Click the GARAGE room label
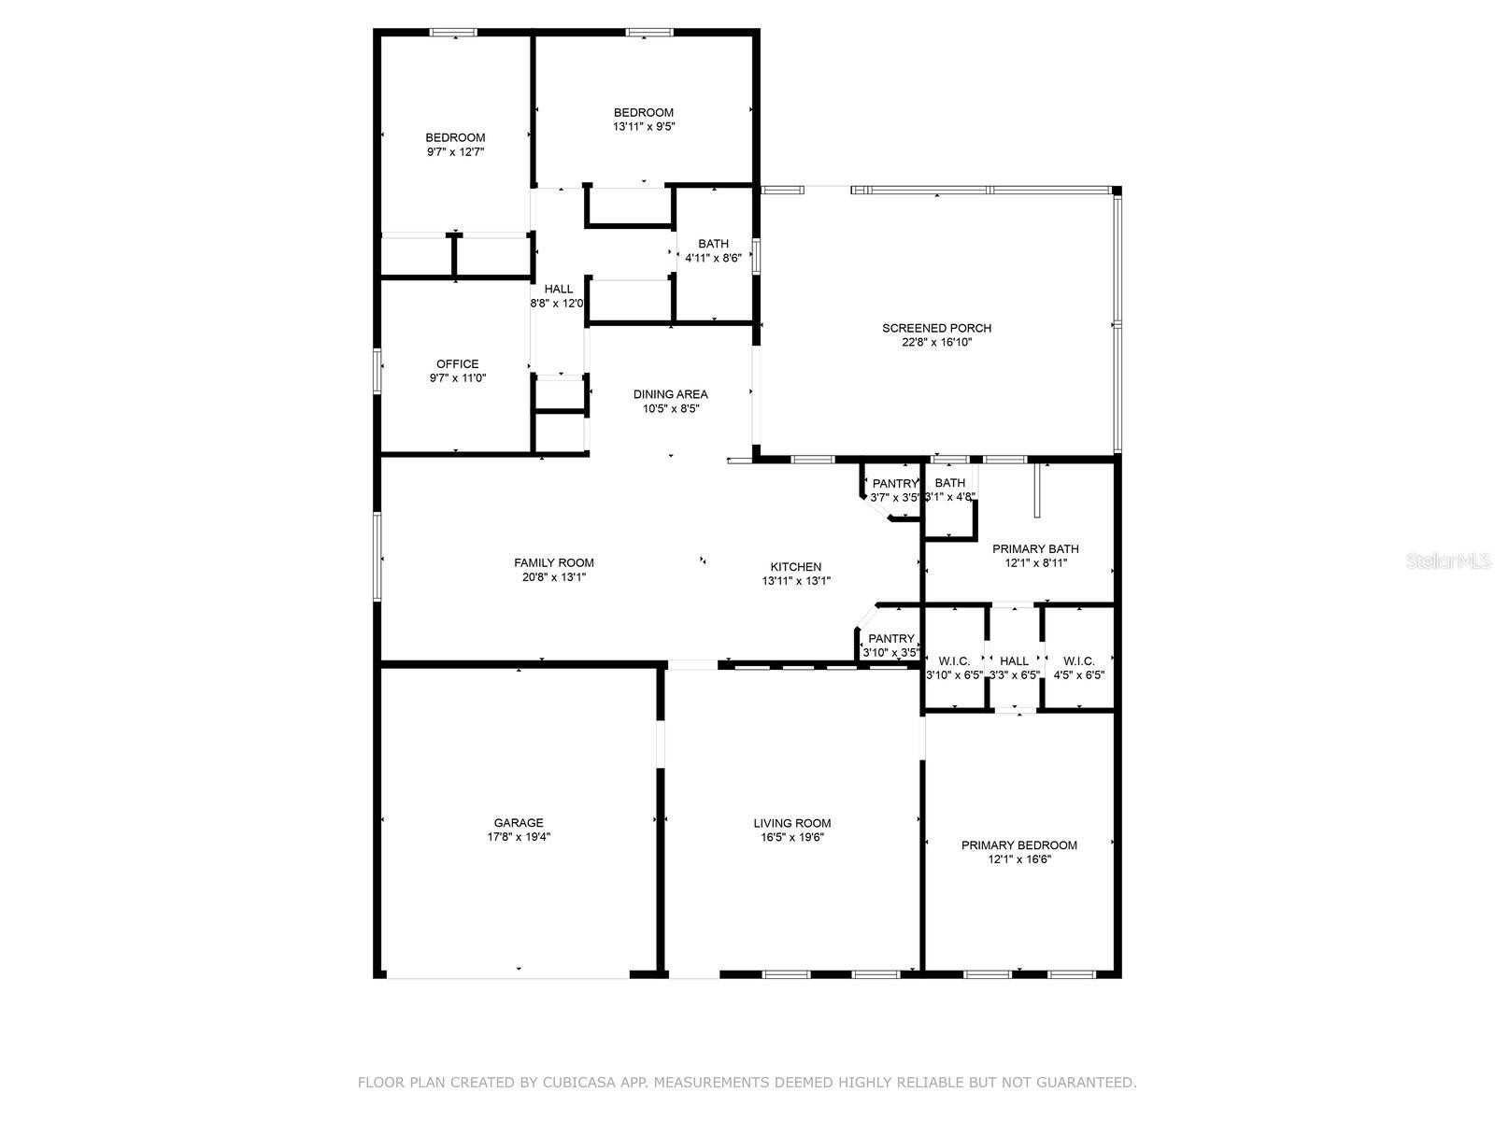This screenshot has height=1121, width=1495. (x=519, y=823)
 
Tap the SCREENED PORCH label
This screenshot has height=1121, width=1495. (x=936, y=328)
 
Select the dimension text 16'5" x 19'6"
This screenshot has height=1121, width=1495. (x=792, y=837)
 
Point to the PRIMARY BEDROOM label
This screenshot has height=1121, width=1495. (x=1018, y=845)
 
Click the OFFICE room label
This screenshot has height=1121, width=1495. (x=458, y=364)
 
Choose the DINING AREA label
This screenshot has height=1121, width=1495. (x=671, y=394)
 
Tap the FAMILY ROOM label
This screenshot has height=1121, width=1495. (x=554, y=563)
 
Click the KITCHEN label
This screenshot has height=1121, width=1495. (x=795, y=567)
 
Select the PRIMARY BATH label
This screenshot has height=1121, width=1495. (x=1035, y=549)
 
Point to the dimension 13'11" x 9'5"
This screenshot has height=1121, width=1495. (x=644, y=127)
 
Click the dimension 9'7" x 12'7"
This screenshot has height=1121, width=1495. (x=456, y=151)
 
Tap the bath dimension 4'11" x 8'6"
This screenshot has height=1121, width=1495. (x=713, y=258)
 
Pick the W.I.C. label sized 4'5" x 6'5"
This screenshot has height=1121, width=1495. (x=1079, y=660)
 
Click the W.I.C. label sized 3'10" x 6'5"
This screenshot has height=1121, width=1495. (x=954, y=660)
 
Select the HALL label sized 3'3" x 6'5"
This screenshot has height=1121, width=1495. (x=1014, y=660)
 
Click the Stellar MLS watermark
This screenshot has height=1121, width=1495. (x=1448, y=560)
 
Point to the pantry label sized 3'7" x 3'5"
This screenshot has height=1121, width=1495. (x=895, y=484)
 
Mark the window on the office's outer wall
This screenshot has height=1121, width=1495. (x=376, y=371)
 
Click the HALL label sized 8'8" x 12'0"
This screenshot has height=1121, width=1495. (x=559, y=290)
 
